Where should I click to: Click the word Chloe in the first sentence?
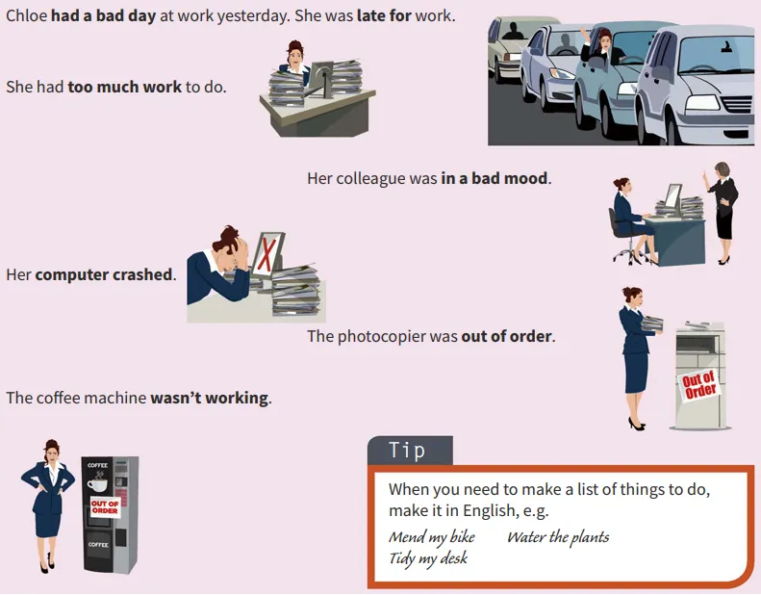tap(27, 15)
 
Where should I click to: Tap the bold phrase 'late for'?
tap(385, 15)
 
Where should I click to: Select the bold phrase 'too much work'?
tap(125, 87)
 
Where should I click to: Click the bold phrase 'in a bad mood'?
tap(495, 178)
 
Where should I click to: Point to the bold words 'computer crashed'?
tap(104, 275)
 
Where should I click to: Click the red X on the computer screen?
tap(266, 253)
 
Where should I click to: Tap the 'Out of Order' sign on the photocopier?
tap(698, 385)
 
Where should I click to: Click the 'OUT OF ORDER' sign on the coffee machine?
tap(105, 507)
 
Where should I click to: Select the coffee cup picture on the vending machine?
tap(97, 484)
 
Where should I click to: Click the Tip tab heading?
tap(407, 450)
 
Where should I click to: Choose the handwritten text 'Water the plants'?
tap(558, 537)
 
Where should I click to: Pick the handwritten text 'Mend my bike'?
tap(432, 537)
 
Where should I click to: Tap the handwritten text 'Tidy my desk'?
tap(428, 558)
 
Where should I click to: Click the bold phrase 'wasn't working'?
tap(209, 399)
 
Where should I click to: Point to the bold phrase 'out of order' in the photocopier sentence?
tap(506, 336)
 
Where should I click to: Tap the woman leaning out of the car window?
tap(602, 47)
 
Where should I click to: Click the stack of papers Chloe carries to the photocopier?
tap(651, 323)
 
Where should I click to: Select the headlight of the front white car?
tap(702, 103)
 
